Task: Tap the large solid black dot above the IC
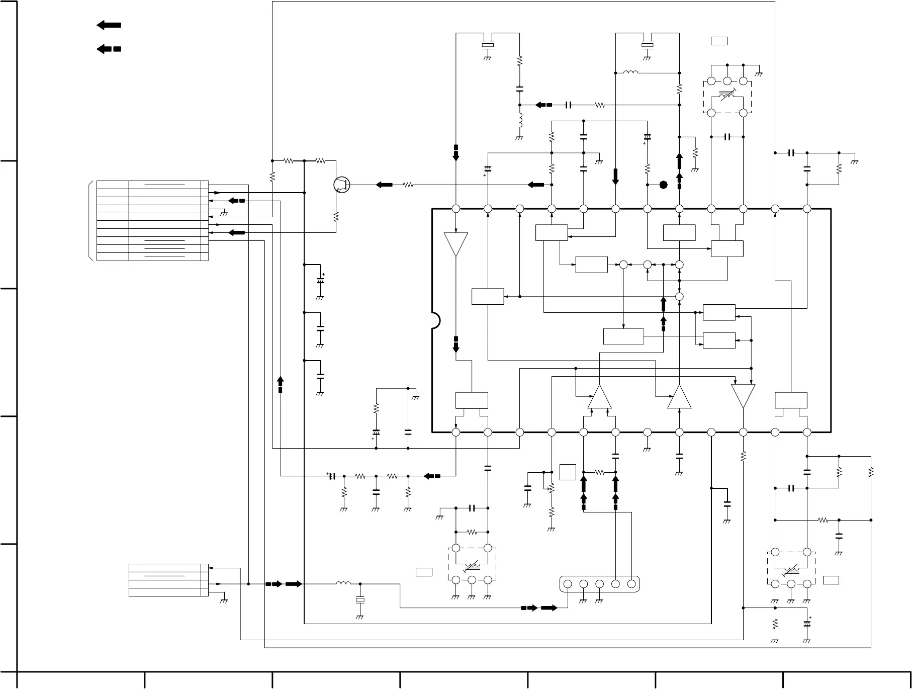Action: (x=663, y=185)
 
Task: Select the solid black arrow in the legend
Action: (x=109, y=25)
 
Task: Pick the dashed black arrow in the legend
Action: (x=109, y=49)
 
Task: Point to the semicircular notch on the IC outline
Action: (x=435, y=320)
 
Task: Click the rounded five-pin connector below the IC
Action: (x=599, y=584)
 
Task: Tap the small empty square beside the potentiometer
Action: (x=568, y=472)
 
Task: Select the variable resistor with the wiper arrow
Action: (x=551, y=488)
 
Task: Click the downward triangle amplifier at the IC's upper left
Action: (x=456, y=244)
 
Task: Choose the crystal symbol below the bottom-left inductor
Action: (x=360, y=600)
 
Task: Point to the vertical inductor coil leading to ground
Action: (x=520, y=121)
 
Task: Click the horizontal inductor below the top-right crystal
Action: (x=631, y=73)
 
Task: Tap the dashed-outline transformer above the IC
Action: (x=727, y=97)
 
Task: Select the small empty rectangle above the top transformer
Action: (x=719, y=41)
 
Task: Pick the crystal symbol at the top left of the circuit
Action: (x=488, y=45)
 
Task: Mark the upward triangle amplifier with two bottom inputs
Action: (x=600, y=397)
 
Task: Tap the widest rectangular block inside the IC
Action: (x=623, y=336)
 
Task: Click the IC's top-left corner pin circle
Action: (x=456, y=209)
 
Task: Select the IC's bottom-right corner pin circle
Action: (x=807, y=432)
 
